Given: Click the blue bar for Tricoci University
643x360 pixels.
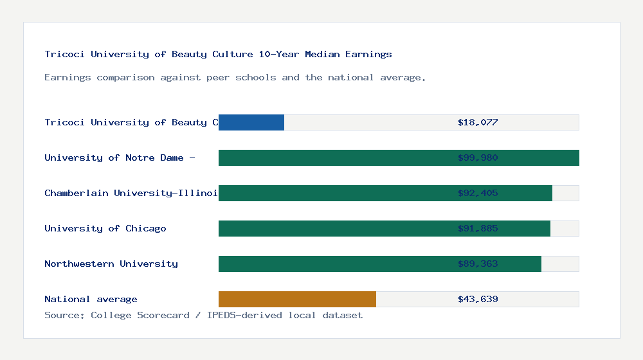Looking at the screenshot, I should click(251, 122).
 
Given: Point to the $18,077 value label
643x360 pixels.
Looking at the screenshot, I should click(478, 122).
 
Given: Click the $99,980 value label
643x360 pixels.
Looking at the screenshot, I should click(478, 157).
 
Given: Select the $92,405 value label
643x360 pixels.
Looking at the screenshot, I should click(478, 193).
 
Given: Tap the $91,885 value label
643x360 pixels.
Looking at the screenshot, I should click(478, 228).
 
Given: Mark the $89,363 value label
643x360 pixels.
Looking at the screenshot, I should click(478, 264).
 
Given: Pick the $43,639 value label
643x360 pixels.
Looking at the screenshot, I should click(478, 299).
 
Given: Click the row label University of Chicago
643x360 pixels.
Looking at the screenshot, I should click(105, 228).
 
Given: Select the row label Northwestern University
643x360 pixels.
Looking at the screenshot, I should click(111, 264).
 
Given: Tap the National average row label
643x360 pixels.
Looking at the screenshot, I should click(91, 299).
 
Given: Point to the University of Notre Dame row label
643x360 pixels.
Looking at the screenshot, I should click(120, 157).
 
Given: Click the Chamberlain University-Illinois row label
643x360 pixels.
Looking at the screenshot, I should click(131, 193).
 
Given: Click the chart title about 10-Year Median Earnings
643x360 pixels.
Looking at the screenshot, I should click(218, 54).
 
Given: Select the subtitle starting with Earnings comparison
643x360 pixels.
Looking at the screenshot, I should click(235, 77).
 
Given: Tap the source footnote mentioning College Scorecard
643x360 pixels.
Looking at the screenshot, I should click(203, 315).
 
